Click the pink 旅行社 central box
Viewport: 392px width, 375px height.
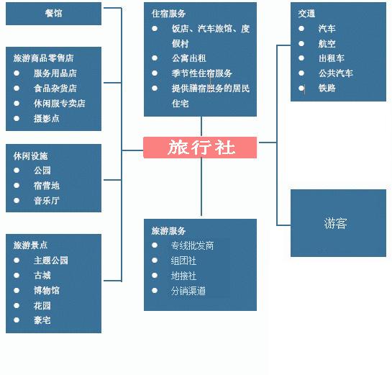200,148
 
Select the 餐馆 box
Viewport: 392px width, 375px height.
53,14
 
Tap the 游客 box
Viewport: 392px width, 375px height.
338,223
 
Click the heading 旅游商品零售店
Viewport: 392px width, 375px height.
43,58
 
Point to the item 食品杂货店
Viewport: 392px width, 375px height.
55,89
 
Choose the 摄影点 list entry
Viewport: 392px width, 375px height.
47,118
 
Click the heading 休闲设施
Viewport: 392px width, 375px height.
30,156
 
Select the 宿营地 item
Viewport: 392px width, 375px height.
47,186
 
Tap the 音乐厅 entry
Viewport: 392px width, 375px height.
47,200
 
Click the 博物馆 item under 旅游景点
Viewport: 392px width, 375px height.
47,290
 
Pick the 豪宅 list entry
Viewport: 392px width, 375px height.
42,320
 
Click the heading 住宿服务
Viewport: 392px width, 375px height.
168,14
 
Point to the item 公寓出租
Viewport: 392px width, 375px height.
189,58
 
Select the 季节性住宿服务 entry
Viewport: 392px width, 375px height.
202,73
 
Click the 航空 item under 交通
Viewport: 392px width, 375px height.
327,44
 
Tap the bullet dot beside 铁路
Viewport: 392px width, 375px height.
301,88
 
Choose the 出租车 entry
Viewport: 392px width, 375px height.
332,58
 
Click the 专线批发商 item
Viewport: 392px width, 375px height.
192,245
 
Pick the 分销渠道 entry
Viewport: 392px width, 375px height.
188,291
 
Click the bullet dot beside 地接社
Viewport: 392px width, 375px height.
155,276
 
